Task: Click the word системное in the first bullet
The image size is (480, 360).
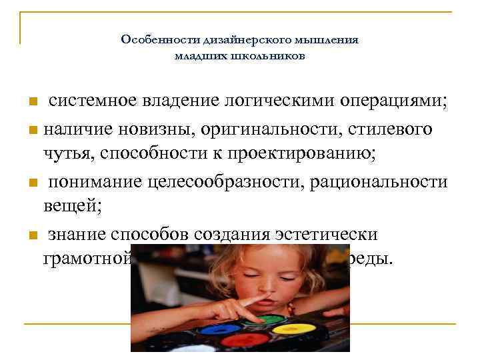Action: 91,101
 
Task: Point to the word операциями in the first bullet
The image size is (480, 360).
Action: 394,101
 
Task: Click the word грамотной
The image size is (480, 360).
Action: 87,259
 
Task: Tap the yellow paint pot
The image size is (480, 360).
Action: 294,329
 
